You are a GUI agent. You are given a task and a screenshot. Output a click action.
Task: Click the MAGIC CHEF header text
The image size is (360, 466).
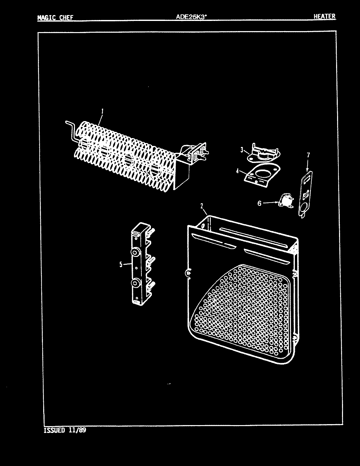[x=55, y=18]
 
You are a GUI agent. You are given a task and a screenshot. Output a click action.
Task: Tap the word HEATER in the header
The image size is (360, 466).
[x=324, y=16]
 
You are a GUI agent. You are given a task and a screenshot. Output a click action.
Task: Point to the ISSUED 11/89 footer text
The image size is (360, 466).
[x=65, y=430]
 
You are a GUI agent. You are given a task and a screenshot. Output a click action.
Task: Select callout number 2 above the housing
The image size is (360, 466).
[x=202, y=206]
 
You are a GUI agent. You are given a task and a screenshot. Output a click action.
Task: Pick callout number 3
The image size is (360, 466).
[x=242, y=150]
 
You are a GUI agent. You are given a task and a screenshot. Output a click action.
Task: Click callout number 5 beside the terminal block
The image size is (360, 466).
[x=121, y=264]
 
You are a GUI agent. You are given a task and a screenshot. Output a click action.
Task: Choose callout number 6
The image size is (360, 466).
[x=259, y=203]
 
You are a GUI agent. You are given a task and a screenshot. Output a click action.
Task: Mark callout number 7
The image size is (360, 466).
[x=308, y=155]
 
